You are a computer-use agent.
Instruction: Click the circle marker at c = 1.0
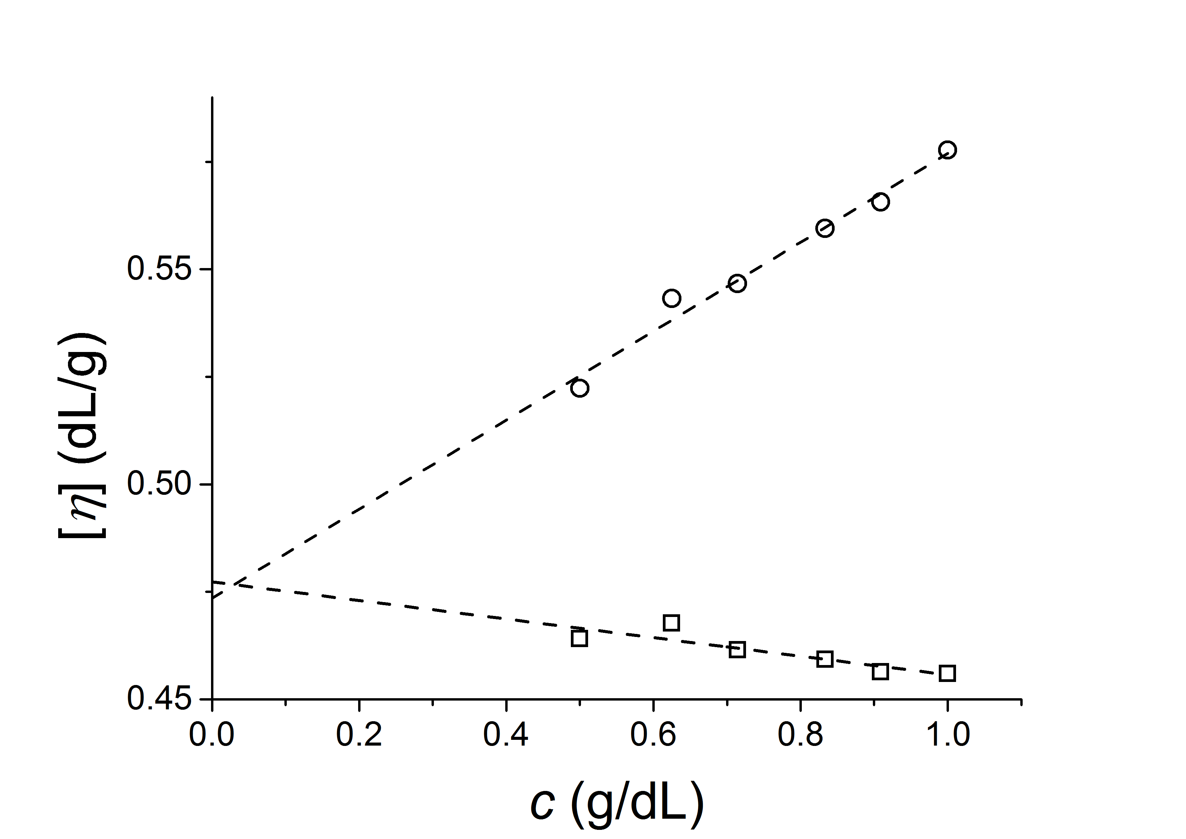[x=947, y=150]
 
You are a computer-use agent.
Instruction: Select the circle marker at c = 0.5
[x=580, y=388]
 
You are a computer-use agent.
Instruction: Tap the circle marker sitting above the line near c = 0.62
[x=671, y=298]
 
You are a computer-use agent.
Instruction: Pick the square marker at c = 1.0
[x=947, y=673]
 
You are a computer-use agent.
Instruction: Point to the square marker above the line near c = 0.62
[x=671, y=623]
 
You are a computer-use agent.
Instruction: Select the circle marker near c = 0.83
[x=824, y=228]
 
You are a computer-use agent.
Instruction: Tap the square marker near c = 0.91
[x=880, y=671]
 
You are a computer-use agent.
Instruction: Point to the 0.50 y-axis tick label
[x=159, y=484]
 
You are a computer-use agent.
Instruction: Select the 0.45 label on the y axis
[x=159, y=699]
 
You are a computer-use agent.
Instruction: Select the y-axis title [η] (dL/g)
[x=83, y=435]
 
